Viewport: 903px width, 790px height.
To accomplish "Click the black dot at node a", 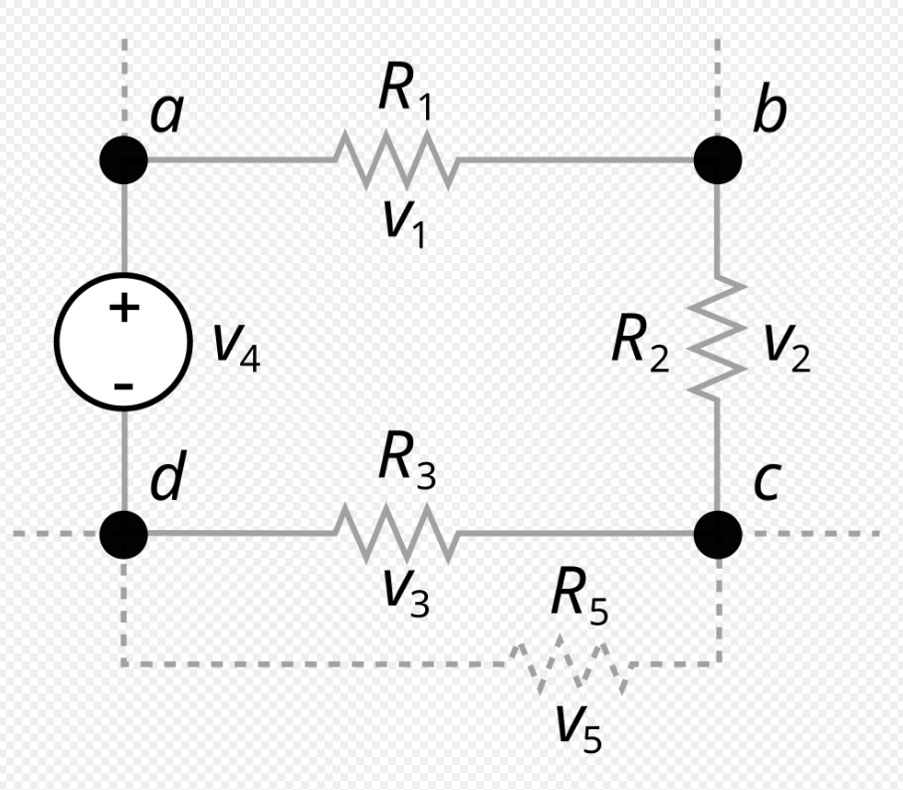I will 124,158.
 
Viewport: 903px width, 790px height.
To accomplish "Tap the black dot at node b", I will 717,158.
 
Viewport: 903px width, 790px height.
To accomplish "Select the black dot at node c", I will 717,533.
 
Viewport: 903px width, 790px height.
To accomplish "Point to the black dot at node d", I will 124,533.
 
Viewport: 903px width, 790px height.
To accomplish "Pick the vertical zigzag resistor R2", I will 718,340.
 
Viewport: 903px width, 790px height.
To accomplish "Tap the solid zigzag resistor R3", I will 395,533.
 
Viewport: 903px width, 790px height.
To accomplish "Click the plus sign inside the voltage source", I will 123,308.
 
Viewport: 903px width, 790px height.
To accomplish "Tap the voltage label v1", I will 405,224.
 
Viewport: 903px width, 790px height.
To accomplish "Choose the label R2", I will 639,343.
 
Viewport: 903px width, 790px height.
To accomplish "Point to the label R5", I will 577,599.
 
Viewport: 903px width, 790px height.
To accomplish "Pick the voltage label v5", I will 578,727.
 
